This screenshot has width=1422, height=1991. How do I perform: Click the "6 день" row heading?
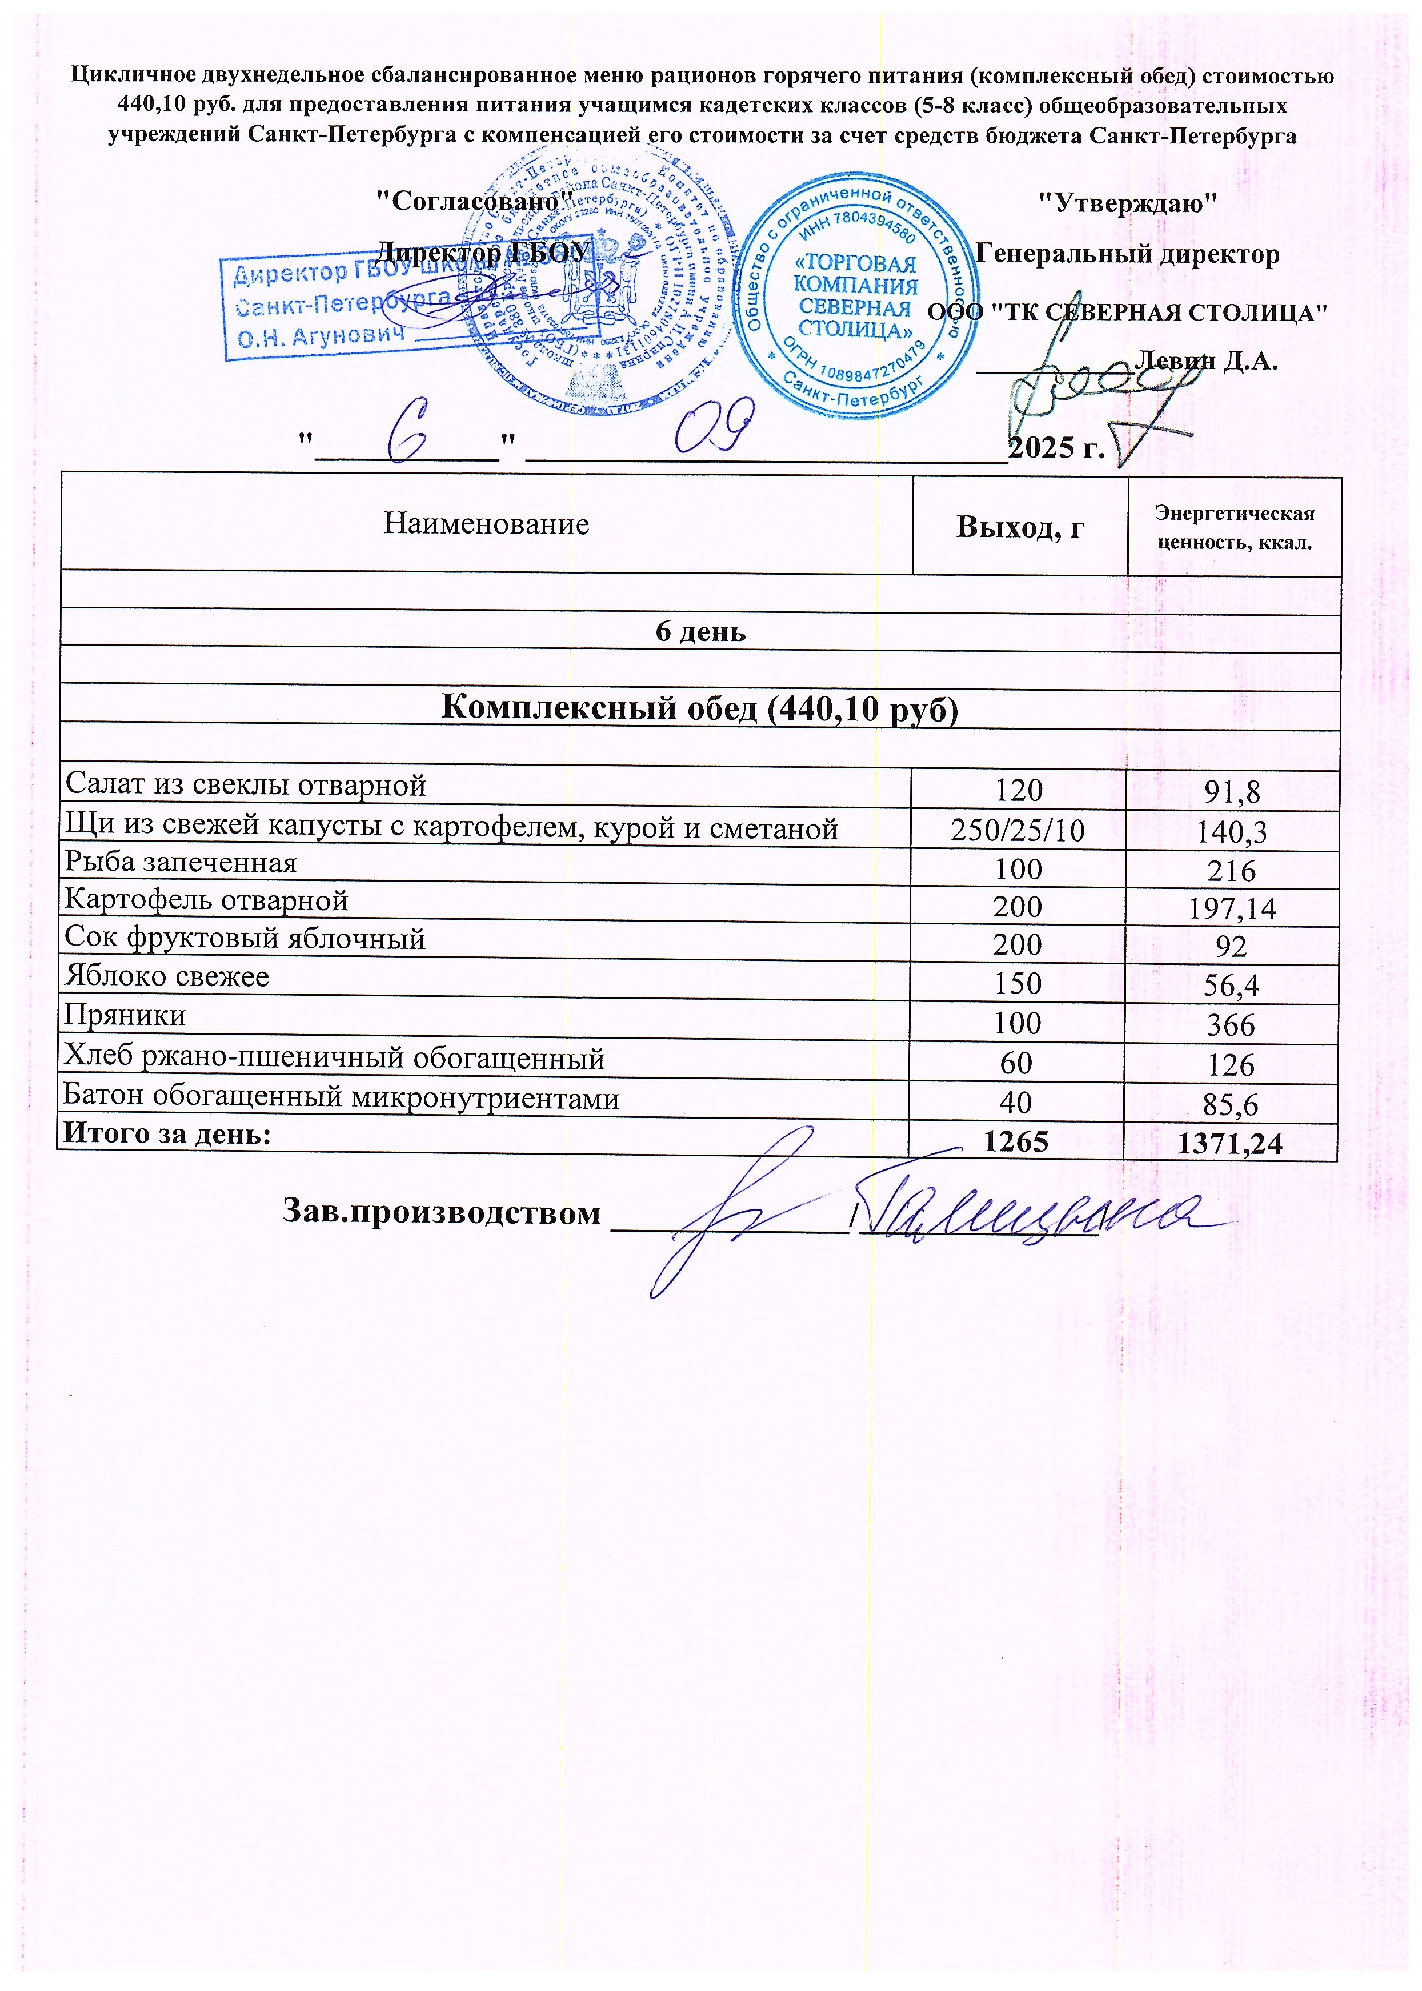(700, 631)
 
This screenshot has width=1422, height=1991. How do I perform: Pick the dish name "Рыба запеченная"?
(181, 863)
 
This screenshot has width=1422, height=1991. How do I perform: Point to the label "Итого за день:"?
(166, 1135)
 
